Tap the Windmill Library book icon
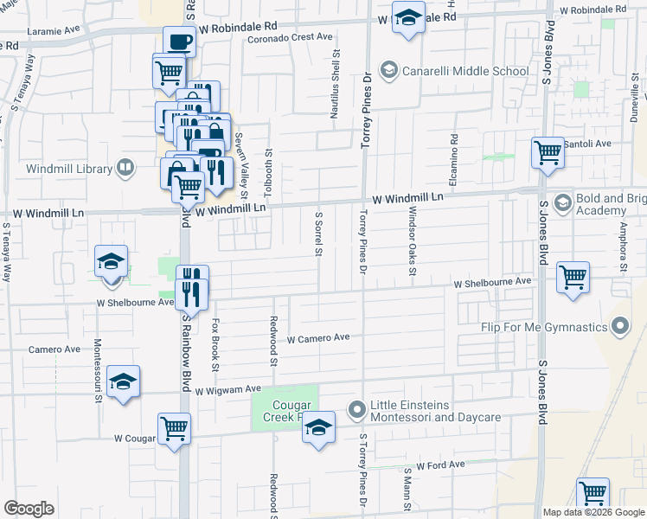pos(126,168)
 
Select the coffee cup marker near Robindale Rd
pos(180,42)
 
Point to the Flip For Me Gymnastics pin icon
pos(619,327)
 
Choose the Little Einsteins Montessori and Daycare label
pos(435,411)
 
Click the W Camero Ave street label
pos(317,338)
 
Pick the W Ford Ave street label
pos(440,465)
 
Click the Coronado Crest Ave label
pos(290,38)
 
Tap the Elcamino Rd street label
pos(453,151)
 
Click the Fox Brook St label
pos(215,344)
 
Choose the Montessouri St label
pos(99,371)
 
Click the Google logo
pos(29,508)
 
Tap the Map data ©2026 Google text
pos(593,512)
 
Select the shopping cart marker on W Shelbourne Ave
pos(573,278)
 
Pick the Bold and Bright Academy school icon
pos(562,203)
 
